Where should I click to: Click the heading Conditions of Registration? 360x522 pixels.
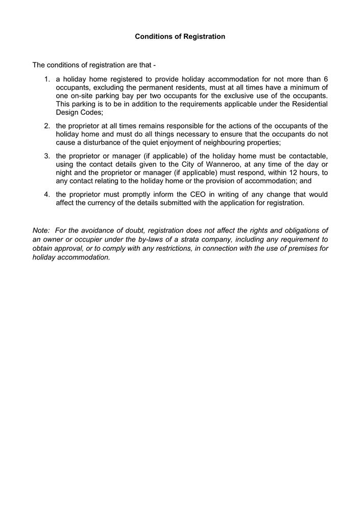pos(180,37)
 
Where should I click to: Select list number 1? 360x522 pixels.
pos(46,79)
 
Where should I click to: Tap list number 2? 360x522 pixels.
pos(46,126)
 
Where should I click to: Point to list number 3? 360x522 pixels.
pos(46,155)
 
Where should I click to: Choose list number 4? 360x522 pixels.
pos(46,195)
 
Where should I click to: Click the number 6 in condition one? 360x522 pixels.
pos(325,79)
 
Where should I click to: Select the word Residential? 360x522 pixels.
pos(309,104)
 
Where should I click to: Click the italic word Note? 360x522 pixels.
pos(41,231)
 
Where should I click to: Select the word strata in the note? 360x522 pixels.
pos(178,239)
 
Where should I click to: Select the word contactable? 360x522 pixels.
pos(307,155)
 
